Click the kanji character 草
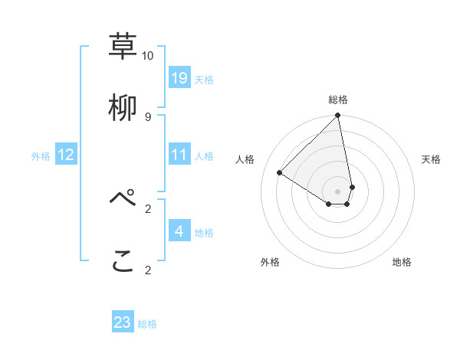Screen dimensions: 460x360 pos(123,46)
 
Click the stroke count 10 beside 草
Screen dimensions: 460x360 pos(147,56)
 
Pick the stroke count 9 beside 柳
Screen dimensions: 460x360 pos(147,116)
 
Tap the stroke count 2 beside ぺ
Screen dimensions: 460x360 pos(147,208)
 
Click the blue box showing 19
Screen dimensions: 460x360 pos(179,77)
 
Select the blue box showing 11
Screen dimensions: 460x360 pos(179,155)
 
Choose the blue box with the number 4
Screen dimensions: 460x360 pos(179,231)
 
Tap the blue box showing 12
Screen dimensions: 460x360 pos(66,155)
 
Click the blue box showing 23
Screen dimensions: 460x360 pos(123,322)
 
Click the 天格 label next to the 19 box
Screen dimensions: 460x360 pos(204,79)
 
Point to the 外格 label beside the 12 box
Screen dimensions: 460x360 pos(41,156)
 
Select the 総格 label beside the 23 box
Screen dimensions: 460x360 pos(147,324)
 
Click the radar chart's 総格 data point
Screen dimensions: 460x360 pos(337,116)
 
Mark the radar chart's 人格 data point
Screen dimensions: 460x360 pos(279,173)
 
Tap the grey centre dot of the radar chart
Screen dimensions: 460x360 pos(337,191)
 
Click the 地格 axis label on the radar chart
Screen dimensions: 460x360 pos(402,263)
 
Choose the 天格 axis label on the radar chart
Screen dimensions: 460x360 pos(432,159)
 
